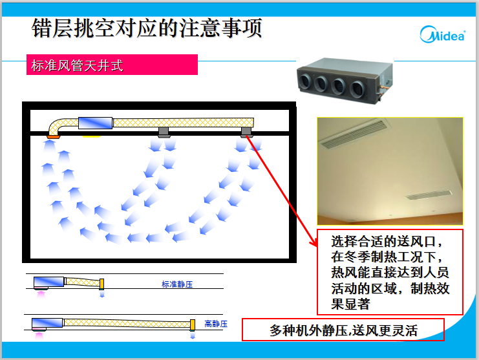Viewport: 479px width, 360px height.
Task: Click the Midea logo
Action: click(442, 34)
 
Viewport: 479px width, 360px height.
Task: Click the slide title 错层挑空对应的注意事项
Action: click(147, 28)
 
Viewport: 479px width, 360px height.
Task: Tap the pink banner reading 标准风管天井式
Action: click(112, 65)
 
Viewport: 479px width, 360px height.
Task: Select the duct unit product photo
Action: click(345, 81)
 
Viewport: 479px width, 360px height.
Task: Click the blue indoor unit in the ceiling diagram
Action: click(95, 123)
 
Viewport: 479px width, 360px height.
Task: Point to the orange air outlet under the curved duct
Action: click(53, 136)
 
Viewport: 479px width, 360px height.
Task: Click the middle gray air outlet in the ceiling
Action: click(164, 132)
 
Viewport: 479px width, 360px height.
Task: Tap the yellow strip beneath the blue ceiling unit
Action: click(91, 136)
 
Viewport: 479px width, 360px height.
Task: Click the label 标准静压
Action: click(177, 284)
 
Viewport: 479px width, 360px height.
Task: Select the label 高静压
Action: click(216, 324)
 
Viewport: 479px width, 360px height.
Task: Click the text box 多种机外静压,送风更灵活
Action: click(343, 330)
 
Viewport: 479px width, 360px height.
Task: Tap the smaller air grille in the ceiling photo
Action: click(429, 195)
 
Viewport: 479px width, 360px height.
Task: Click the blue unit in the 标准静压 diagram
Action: click(49, 282)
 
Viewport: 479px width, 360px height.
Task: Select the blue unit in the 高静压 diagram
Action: click(47, 323)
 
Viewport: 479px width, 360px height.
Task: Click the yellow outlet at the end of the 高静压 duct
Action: click(193, 325)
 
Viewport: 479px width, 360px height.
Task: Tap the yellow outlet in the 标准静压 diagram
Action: click(101, 284)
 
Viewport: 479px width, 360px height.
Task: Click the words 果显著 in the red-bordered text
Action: click(351, 304)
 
